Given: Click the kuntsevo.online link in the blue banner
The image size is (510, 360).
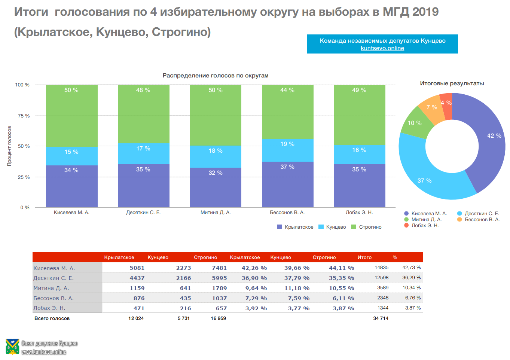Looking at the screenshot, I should point(382,48).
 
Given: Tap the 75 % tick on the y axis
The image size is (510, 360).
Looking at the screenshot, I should point(24,116).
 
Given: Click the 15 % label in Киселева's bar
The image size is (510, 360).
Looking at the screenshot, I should point(71,152).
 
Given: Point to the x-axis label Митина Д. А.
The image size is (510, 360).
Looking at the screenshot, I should point(215,213).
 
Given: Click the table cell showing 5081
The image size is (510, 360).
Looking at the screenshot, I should point(137,268).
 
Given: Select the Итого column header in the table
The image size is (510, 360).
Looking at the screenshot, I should point(364,257).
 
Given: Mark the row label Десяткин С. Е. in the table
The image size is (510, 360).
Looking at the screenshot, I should point(54,278).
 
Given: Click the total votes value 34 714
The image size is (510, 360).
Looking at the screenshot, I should point(381,318).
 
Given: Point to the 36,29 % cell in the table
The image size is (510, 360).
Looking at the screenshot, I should point(411,278).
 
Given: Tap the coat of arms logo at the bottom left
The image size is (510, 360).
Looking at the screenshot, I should point(12,347).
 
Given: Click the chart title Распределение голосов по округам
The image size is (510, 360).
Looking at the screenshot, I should point(215,76).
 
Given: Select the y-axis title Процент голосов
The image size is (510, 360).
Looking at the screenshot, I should point(9,146).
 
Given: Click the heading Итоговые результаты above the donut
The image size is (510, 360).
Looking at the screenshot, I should point(452,83).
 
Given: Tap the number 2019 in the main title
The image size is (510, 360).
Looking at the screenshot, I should point(425,12).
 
